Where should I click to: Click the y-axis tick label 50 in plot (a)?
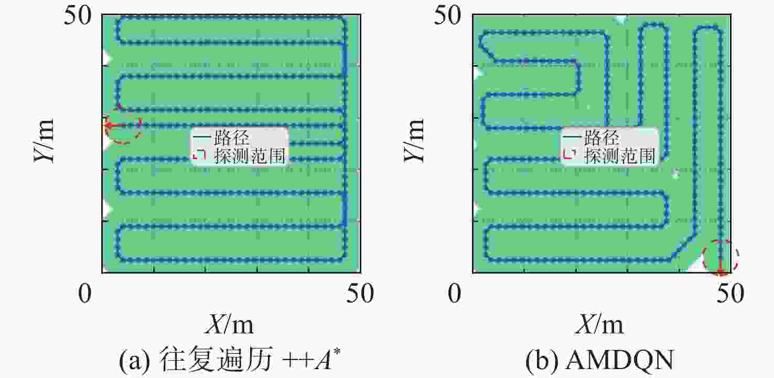coord(78,16)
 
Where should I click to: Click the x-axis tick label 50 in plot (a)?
coord(360,293)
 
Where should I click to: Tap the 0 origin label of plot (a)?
coord(85,293)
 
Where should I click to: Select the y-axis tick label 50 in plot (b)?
coord(448,16)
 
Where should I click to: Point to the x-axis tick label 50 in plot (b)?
coord(730,293)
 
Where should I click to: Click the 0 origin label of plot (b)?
coord(454,293)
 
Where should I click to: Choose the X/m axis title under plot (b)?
coord(600,325)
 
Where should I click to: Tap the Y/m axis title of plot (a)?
coord(45,140)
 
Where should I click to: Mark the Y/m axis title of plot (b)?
coord(414,140)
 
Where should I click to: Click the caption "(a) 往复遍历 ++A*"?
coord(230,360)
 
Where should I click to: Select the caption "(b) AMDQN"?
coord(600,360)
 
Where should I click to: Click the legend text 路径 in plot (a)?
coord(231,138)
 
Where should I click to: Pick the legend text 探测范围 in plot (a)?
coord(250,156)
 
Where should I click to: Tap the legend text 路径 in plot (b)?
coord(601,138)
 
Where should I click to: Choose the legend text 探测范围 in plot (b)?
coord(620,156)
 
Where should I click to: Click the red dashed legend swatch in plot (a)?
coord(200,154)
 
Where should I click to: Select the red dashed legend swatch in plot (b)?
coord(570,154)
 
